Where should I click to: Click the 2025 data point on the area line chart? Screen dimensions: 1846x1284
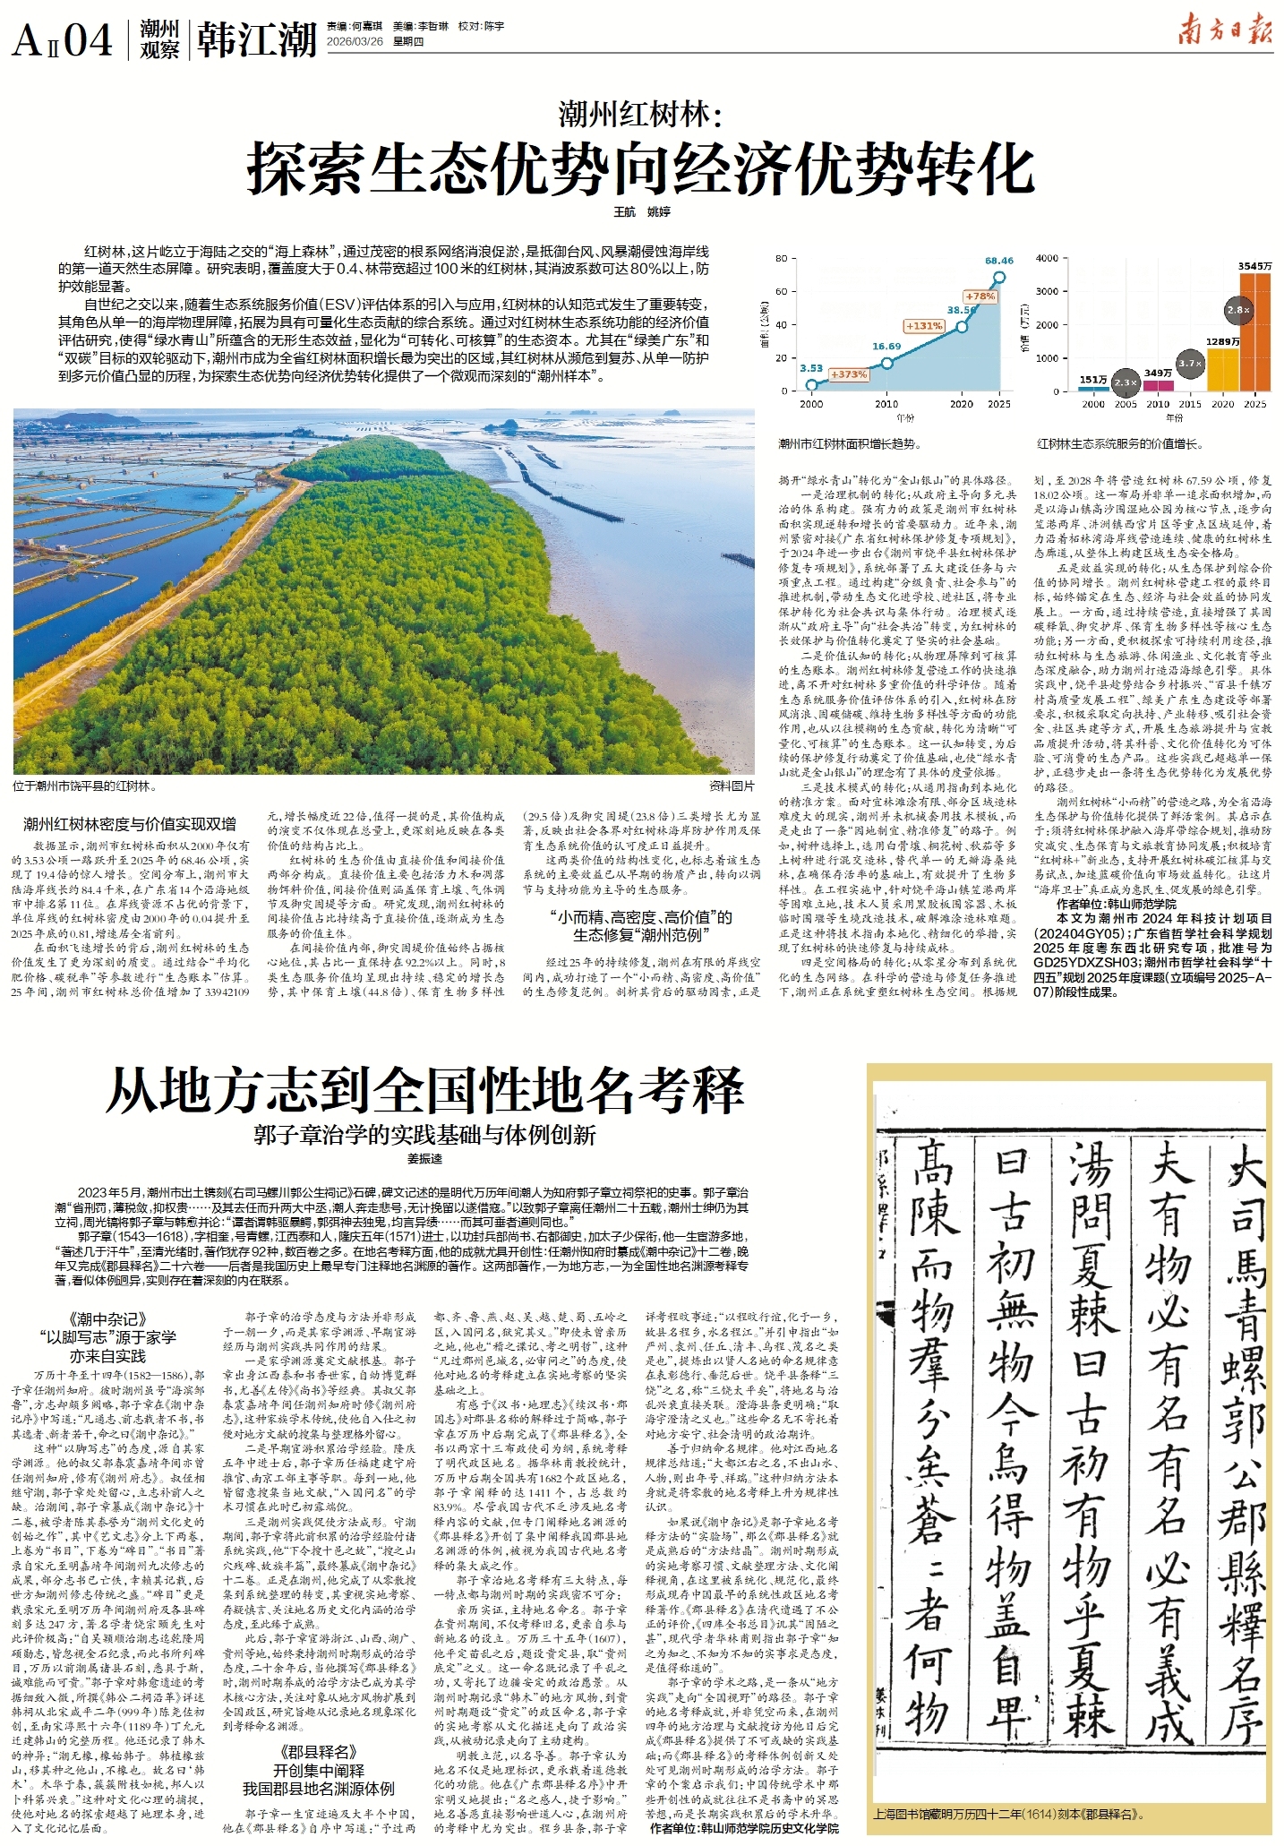point(998,278)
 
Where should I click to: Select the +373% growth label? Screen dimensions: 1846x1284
point(847,374)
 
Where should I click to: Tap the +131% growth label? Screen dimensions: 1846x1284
point(923,326)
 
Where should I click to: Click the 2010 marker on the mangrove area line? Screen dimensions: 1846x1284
point(886,363)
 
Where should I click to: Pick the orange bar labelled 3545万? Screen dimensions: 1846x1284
point(1254,332)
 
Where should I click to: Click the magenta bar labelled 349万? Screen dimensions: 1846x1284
point(1158,385)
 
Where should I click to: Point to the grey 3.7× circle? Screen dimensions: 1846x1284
point(1190,364)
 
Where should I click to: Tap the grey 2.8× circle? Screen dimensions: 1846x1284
point(1238,310)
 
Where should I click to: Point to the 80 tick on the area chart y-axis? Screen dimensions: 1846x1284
point(781,258)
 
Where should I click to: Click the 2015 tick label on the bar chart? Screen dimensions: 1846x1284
point(1190,404)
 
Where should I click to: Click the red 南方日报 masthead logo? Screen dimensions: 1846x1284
point(1224,31)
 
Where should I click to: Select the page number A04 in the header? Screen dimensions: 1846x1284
point(63,40)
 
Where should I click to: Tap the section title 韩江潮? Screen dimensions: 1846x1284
point(257,40)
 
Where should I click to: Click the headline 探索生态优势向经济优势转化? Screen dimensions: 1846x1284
point(641,167)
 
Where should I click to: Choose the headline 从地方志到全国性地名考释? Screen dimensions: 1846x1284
point(425,1090)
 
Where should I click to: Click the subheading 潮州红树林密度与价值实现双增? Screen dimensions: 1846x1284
point(130,824)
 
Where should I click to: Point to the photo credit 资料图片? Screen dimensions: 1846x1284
point(731,786)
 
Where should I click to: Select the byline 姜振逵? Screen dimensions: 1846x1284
point(424,1159)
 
